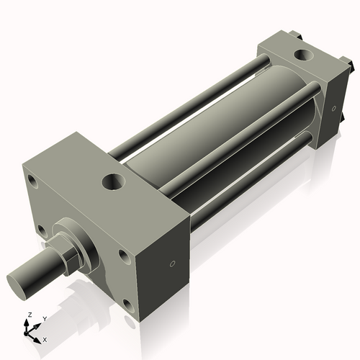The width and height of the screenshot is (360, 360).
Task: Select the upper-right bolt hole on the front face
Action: pos(125,256)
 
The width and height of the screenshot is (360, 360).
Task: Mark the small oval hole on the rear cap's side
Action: pos(333,109)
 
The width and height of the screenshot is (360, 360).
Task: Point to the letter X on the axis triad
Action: pos(45,338)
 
